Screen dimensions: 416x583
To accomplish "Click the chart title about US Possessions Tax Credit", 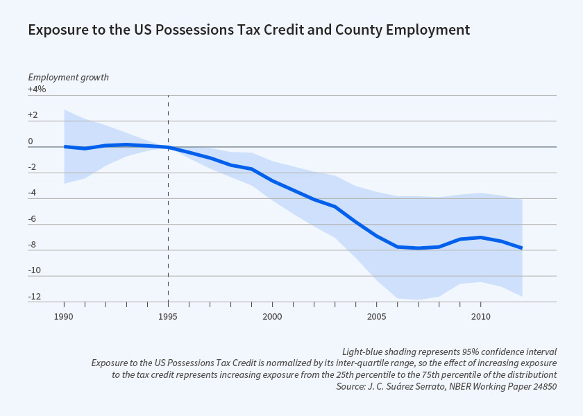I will pos(248,30).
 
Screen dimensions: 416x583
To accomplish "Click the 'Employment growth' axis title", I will pos(68,77).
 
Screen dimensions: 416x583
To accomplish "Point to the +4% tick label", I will pos(37,89).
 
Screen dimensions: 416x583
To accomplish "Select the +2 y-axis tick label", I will pos(33,115).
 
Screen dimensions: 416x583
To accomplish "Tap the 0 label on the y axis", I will pos(31,141).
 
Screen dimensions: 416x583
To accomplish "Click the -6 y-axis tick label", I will pos(32,219).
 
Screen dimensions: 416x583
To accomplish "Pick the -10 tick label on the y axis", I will pos(34,270).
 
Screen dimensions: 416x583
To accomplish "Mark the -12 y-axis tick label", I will pos(34,297).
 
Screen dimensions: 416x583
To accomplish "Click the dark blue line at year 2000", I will pos(272,181).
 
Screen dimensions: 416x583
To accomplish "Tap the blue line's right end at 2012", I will pos(521,248).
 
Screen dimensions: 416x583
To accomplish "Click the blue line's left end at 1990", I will pos(65,146).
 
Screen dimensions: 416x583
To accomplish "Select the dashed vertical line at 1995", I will pos(168,208).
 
